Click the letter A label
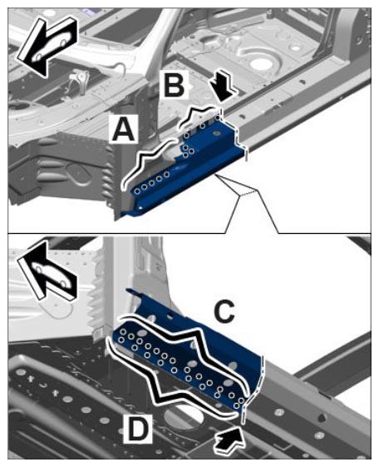tap(123, 128)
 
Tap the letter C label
tap(224, 311)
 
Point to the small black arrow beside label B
tap(223, 89)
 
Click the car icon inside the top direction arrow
tap(52, 45)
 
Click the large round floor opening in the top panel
tap(262, 63)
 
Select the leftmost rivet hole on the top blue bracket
tap(137, 191)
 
